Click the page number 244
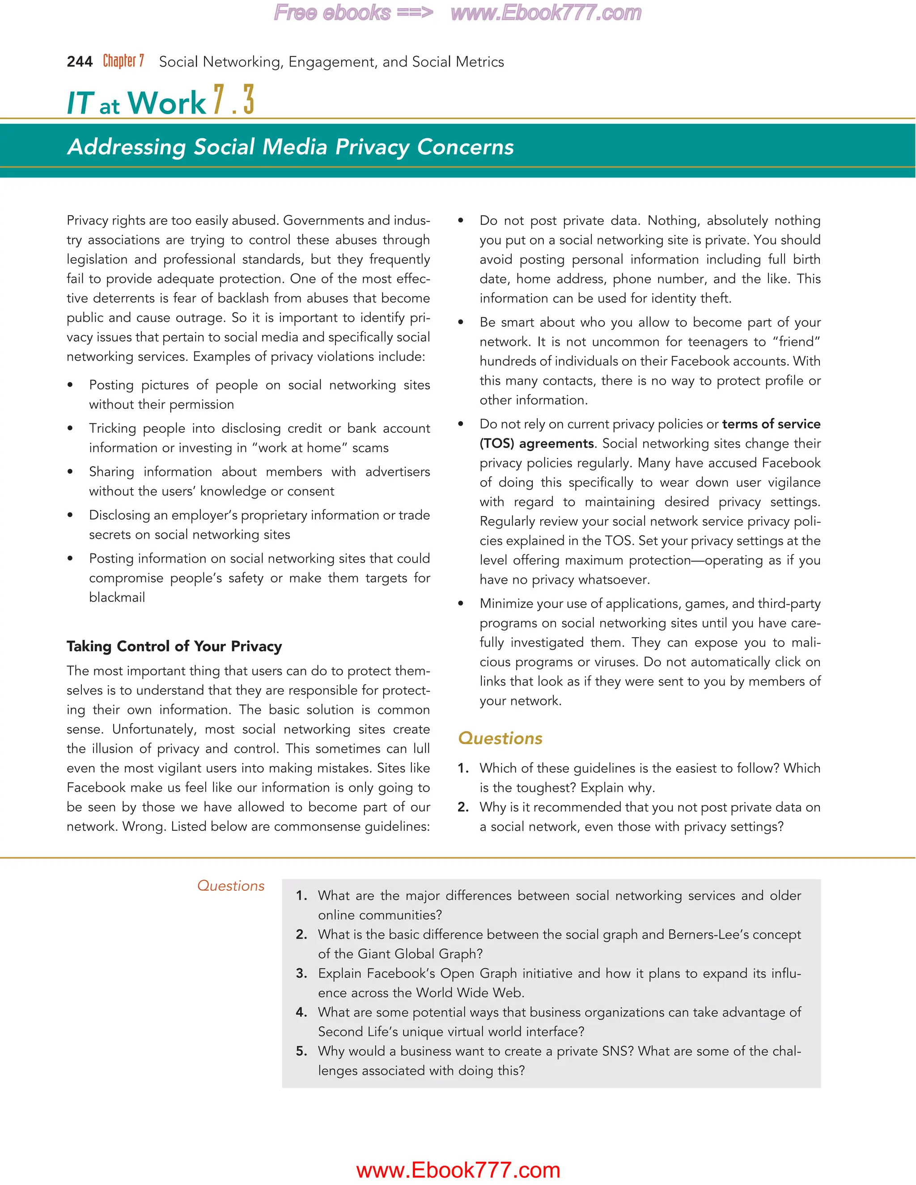point(79,62)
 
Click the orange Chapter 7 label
point(123,61)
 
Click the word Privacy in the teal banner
point(372,147)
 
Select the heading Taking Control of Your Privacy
point(174,646)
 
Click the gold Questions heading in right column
point(500,738)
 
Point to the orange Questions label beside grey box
point(231,886)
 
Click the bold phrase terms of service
point(771,424)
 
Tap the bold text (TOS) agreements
point(537,444)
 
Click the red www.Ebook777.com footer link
point(458,1170)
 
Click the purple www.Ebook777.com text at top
point(545,13)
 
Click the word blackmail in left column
point(117,597)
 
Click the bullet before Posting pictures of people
point(70,385)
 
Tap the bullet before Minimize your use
point(461,604)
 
